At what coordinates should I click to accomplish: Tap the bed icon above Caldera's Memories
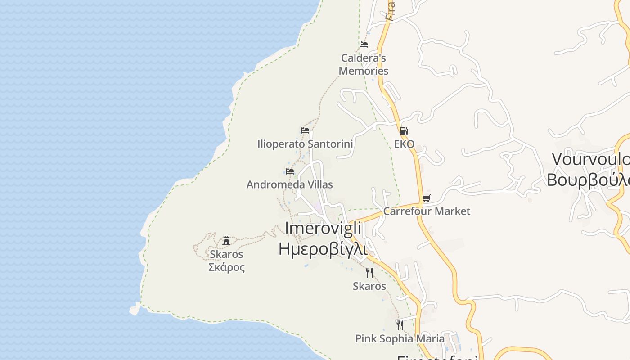364,45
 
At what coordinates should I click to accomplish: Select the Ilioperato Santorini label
305,144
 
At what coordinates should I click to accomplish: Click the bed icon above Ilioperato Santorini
305,130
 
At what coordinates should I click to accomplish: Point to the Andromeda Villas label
289,184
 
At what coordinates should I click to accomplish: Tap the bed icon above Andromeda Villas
290,171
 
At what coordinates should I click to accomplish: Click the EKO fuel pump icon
404,131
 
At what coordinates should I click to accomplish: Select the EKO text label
404,144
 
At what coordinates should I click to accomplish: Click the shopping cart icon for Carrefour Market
427,198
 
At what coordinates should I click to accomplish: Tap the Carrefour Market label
427,211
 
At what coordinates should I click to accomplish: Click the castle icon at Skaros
226,241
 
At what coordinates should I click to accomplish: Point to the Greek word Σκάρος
226,267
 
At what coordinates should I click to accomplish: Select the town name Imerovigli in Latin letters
323,229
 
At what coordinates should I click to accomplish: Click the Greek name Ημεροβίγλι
323,249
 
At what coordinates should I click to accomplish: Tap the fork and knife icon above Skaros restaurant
369,273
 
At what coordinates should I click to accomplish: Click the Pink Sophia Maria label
400,338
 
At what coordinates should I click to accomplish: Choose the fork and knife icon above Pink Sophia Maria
400,325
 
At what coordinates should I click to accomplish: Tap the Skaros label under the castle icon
226,254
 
